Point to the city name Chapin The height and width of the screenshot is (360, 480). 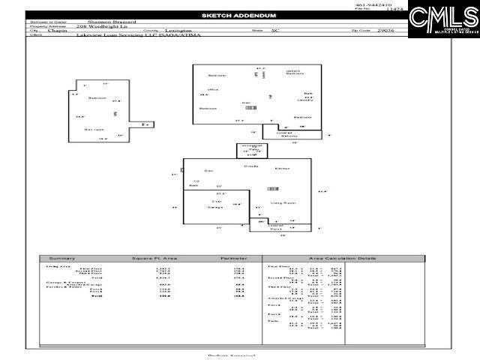(x=57, y=31)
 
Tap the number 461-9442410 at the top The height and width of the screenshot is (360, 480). (x=373, y=5)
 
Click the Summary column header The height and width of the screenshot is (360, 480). (x=62, y=259)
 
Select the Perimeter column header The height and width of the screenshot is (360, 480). (x=233, y=259)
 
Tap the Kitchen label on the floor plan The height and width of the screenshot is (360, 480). (x=282, y=169)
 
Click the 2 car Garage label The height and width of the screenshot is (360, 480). (x=217, y=204)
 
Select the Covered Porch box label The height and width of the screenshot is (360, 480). (x=275, y=226)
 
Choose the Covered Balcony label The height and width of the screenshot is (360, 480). (x=289, y=134)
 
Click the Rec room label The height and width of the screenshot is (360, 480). (x=93, y=129)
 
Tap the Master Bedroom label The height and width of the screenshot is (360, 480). (x=295, y=73)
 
